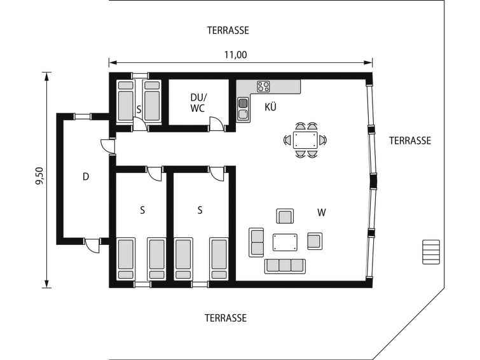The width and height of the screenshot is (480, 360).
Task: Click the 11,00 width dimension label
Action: click(236, 55)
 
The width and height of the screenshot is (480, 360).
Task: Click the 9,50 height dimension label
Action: click(40, 176)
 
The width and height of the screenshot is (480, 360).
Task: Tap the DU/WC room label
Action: click(198, 103)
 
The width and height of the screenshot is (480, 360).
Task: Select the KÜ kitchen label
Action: click(271, 107)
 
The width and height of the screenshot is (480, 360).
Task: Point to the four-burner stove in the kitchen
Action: click(263, 87)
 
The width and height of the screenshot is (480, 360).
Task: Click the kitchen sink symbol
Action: click(243, 109)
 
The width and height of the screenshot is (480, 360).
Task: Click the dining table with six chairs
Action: click(305, 141)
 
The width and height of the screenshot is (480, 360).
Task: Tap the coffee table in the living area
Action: click(285, 242)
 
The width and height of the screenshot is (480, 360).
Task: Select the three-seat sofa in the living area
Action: click(285, 266)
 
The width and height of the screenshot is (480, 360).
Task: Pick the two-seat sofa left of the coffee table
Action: click(257, 242)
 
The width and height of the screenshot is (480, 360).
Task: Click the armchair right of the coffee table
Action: click(315, 241)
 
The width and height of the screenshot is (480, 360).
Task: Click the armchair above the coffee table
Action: click(285, 216)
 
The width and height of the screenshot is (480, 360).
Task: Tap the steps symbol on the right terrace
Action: click(431, 252)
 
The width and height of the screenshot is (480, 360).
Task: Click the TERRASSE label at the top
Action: click(228, 31)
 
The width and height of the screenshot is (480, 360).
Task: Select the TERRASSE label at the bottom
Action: click(226, 318)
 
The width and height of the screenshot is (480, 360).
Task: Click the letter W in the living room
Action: click(322, 212)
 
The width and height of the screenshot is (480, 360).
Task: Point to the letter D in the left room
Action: click(86, 177)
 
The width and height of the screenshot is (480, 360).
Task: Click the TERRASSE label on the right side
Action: click(410, 141)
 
